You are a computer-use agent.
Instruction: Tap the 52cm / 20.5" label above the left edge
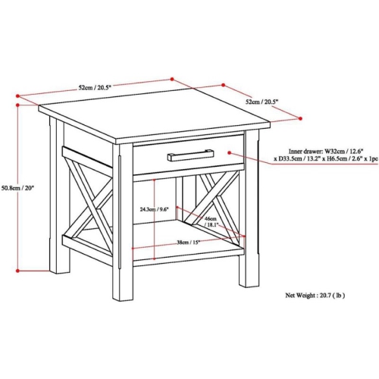pos(93,88)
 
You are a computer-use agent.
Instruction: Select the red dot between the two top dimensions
pos(173,77)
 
